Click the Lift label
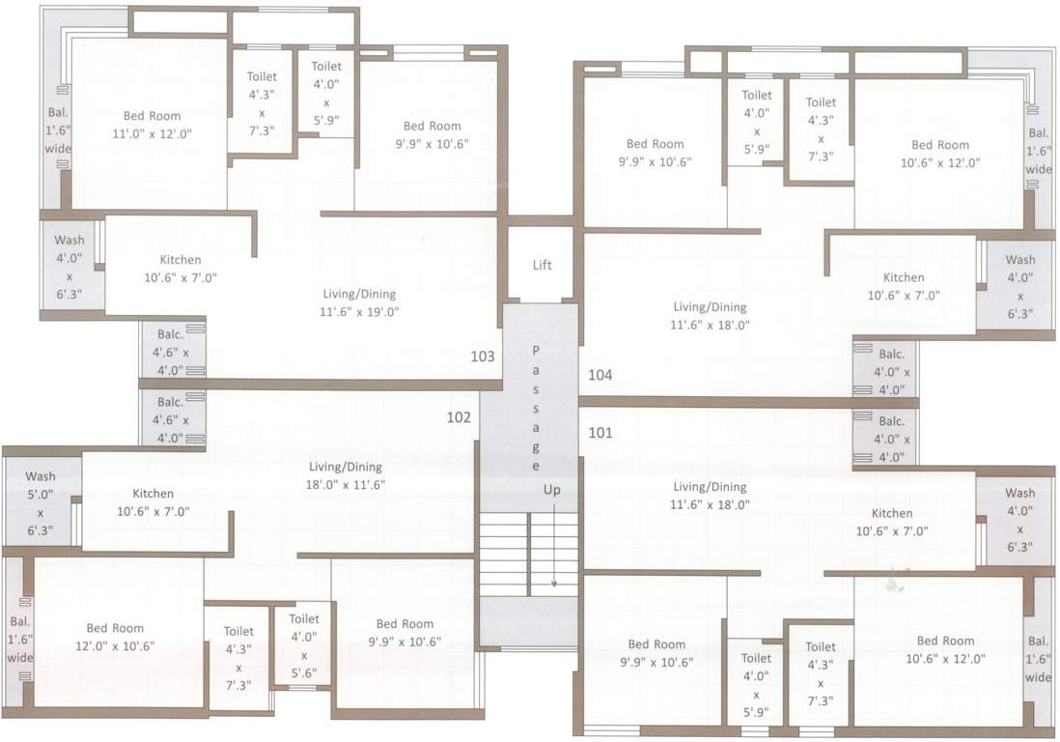coord(542,265)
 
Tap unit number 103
coord(483,357)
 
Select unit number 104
coord(600,374)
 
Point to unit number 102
coord(459,417)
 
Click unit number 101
coord(600,433)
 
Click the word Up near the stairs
coord(551,491)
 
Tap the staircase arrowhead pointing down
coord(554,584)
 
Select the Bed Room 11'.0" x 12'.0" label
coord(152,126)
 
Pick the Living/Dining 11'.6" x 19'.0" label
coord(359,302)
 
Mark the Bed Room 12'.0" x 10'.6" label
coord(115,638)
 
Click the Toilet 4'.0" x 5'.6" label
coord(303,646)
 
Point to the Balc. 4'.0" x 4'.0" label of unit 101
coord(890,440)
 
